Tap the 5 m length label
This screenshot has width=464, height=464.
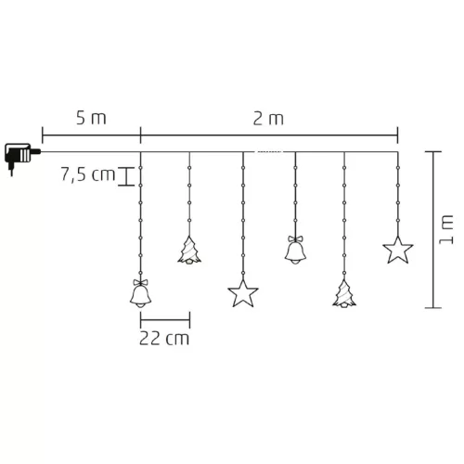(90, 119)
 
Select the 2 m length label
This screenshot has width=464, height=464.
(269, 119)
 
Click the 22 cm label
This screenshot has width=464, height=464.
(165, 339)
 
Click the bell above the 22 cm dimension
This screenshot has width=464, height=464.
(140, 294)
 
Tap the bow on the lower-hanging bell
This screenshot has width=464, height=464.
(140, 281)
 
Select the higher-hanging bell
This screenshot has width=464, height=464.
(295, 251)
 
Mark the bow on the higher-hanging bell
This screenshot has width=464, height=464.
(295, 238)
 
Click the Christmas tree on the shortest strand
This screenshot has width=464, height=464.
(189, 251)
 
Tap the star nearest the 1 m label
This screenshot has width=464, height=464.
(397, 251)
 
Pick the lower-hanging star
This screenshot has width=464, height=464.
(243, 293)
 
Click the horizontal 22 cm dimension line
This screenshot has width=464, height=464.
(165, 317)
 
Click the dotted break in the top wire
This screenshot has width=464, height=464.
(269, 151)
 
